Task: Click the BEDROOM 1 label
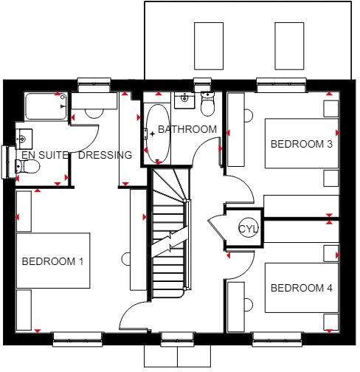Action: point(52,261)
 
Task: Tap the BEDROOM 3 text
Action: point(301,144)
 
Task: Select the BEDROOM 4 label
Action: point(301,288)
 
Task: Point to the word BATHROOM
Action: point(187,129)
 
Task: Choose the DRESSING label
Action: point(105,155)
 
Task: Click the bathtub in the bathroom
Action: point(157,133)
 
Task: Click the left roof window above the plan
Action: point(208,45)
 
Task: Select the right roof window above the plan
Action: point(289,45)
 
